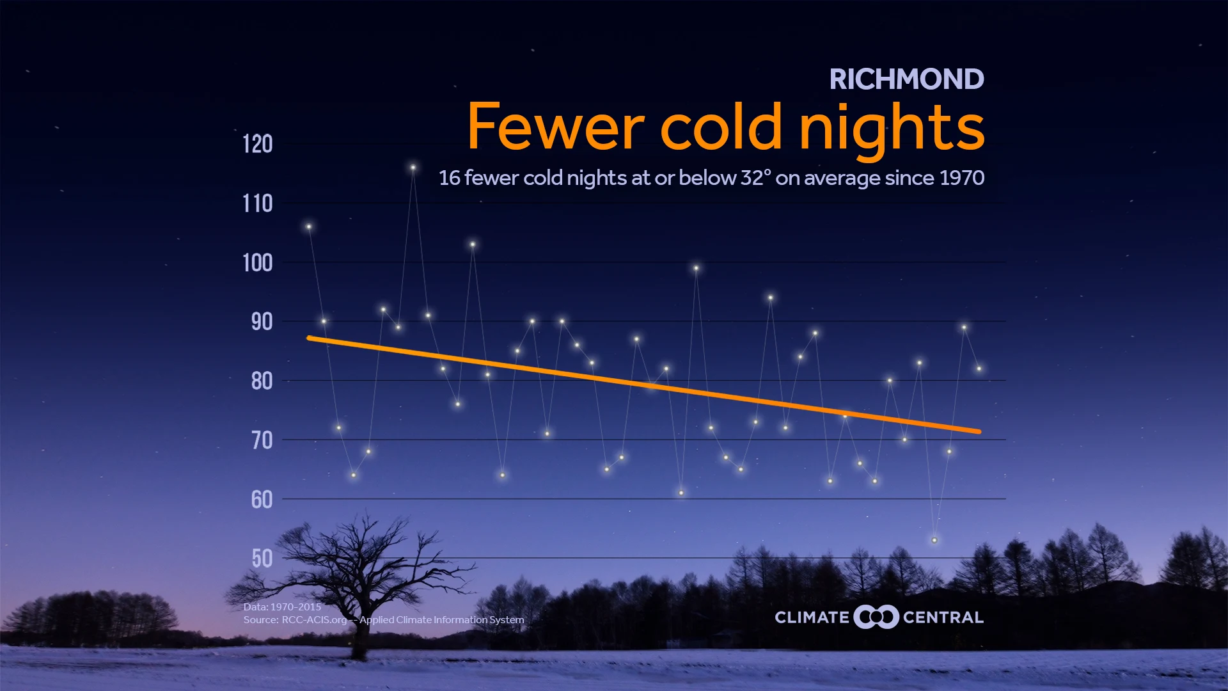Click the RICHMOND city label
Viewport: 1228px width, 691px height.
pos(906,79)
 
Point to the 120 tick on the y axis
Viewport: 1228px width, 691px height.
pos(258,144)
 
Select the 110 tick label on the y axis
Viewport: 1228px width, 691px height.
pos(258,203)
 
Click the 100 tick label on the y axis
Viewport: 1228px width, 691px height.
pos(258,262)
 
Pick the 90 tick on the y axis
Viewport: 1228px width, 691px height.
pos(262,322)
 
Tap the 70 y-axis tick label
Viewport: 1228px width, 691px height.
pos(262,440)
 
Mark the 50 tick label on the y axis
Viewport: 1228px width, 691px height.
pos(262,559)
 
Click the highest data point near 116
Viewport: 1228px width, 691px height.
pos(413,168)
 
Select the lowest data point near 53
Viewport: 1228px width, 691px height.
pos(934,540)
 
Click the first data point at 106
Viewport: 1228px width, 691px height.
pos(309,226)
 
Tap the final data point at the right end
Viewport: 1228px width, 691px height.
pos(979,369)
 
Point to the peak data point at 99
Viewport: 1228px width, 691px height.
pos(696,268)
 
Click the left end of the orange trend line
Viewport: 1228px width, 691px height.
pos(310,338)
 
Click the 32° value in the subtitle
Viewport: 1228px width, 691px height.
pos(756,178)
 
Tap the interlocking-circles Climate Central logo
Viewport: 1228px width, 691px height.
pos(876,617)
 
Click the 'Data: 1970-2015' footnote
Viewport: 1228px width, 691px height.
pos(282,607)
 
